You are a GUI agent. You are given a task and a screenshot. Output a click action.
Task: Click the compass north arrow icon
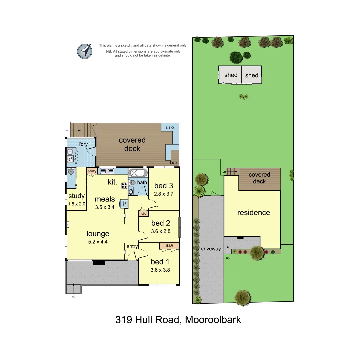click(x=85, y=51)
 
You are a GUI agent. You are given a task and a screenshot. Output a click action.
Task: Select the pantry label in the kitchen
click(x=92, y=171)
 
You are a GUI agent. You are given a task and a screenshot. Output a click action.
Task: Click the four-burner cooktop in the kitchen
click(x=124, y=186)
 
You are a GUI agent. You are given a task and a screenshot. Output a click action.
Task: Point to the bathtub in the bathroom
click(x=138, y=173)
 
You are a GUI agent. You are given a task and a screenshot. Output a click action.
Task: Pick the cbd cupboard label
click(x=144, y=213)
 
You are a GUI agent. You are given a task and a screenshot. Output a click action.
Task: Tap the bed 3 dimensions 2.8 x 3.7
click(x=164, y=193)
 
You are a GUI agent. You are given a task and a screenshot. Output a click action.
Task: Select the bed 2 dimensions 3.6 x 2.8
click(x=161, y=231)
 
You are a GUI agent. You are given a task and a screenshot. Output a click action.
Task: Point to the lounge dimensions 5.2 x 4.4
click(x=98, y=242)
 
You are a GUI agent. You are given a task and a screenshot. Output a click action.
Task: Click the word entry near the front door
click(x=132, y=246)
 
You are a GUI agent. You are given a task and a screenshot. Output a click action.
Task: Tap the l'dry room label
click(x=83, y=144)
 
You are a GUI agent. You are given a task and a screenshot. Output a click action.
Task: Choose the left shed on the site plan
click(x=230, y=75)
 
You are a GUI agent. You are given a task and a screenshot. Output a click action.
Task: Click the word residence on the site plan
click(x=253, y=213)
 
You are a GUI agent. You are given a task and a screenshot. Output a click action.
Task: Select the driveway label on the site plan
click(x=211, y=249)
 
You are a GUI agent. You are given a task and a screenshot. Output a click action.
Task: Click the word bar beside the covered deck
click(x=173, y=163)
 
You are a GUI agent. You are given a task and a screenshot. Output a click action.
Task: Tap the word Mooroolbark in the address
click(x=213, y=320)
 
